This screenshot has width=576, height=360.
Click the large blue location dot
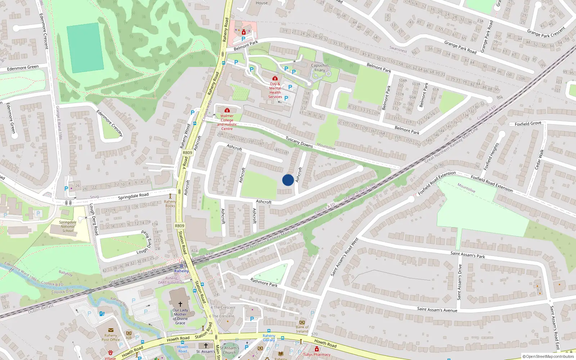[x=288, y=180]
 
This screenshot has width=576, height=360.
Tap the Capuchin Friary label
[x=320, y=68]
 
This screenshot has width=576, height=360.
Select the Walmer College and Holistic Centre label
[x=227, y=122]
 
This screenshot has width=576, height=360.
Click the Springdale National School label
[x=68, y=226]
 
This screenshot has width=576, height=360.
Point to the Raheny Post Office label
[x=111, y=337]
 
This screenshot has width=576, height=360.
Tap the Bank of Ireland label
[x=302, y=329]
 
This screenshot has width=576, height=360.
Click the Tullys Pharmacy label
[x=317, y=355]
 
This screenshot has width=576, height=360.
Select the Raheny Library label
[x=269, y=338]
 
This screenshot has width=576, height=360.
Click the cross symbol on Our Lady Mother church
[x=180, y=304]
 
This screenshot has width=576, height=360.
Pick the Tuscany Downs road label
[x=299, y=142]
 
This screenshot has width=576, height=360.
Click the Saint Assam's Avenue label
[x=437, y=309]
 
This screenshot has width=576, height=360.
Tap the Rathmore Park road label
[x=264, y=283]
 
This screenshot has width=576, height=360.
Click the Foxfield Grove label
[x=528, y=123]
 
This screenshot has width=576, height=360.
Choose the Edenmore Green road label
[x=23, y=68]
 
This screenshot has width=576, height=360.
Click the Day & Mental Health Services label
[x=275, y=90]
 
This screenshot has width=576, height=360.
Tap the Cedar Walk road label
[x=539, y=159]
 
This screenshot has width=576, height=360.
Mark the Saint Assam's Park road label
[x=468, y=255]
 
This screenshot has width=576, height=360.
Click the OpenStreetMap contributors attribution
[x=548, y=356]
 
